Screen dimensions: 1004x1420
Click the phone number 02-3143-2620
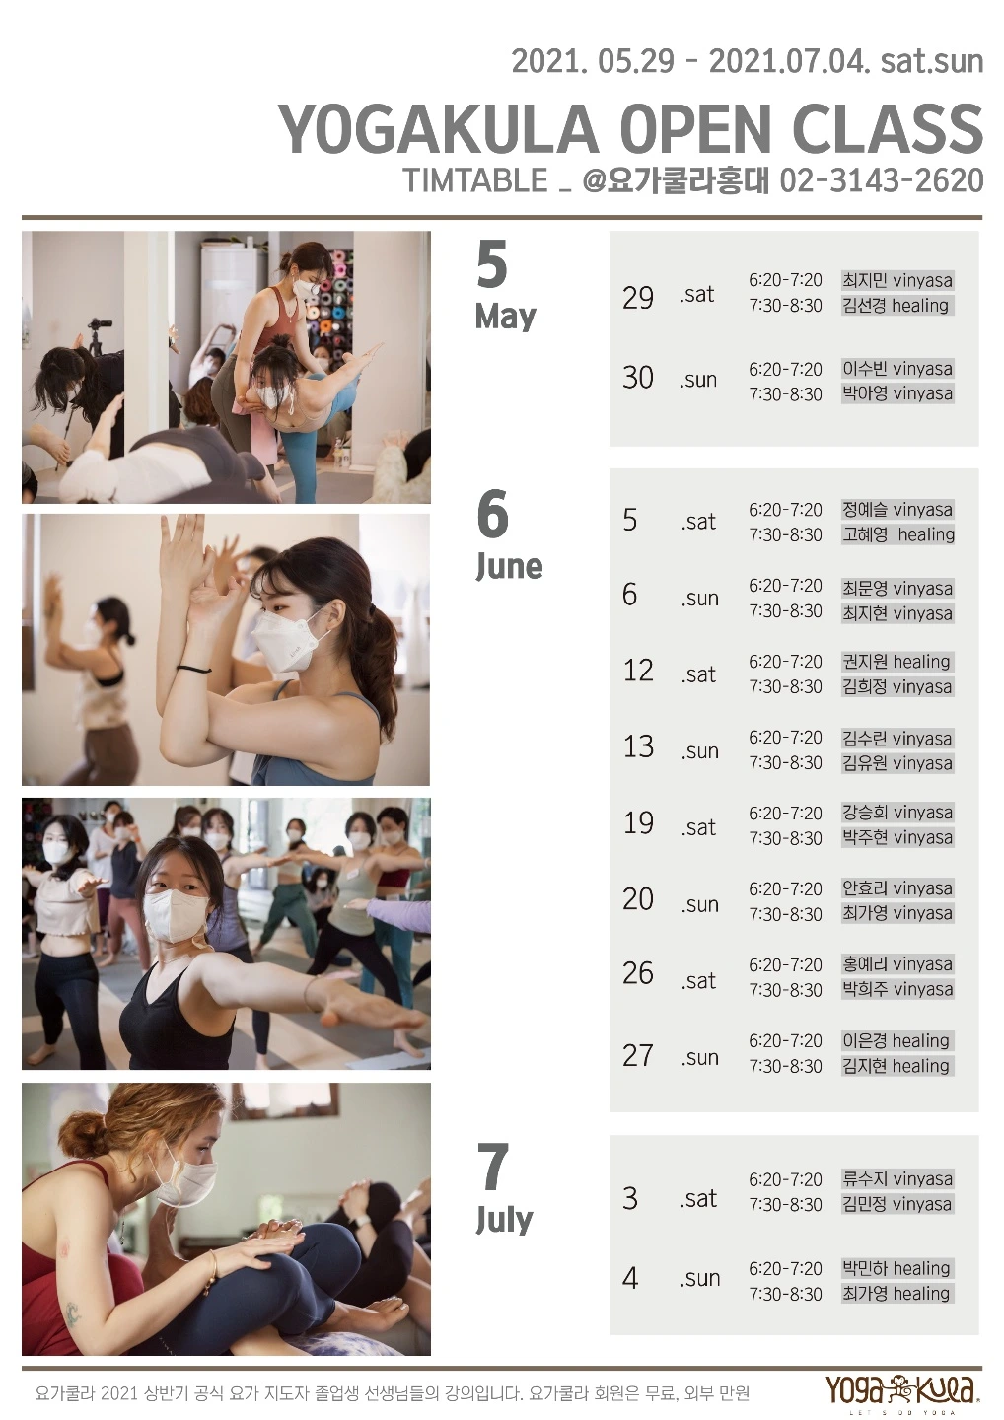pyautogui.click(x=882, y=180)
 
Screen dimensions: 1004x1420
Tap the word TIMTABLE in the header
pyautogui.click(x=476, y=180)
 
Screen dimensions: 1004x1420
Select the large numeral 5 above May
pyautogui.click(x=492, y=265)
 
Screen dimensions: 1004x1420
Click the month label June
pyautogui.click(x=509, y=566)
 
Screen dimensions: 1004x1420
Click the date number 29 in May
pyautogui.click(x=638, y=298)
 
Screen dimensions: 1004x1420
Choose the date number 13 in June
pyautogui.click(x=638, y=746)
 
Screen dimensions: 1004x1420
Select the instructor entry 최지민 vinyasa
pyautogui.click(x=896, y=280)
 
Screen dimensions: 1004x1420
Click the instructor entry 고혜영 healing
pyautogui.click(x=897, y=534)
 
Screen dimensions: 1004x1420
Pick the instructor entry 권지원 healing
pyautogui.click(x=896, y=662)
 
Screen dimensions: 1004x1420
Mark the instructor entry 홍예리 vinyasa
pyautogui.click(x=896, y=964)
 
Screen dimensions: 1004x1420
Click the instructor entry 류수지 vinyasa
pyautogui.click(x=896, y=1179)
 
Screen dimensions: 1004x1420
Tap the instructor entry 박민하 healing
pyautogui.click(x=896, y=1268)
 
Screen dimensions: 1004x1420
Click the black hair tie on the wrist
pyautogui.click(x=193, y=669)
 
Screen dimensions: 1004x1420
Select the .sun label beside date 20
pyautogui.click(x=700, y=904)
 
